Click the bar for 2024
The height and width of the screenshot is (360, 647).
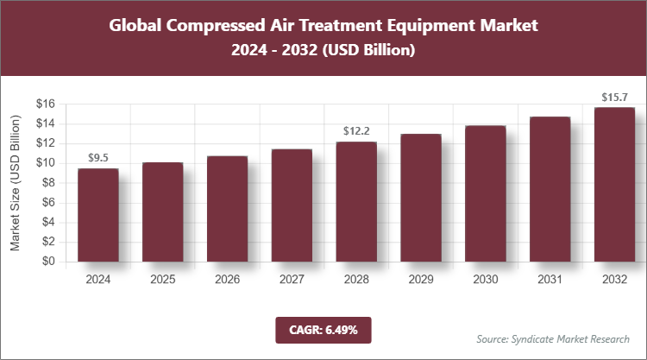[x=98, y=215]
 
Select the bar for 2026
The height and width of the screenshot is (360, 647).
[x=227, y=209]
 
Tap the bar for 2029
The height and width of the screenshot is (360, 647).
[x=421, y=198]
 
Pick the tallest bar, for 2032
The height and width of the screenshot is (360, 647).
[x=614, y=185]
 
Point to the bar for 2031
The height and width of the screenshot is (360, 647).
[x=550, y=189]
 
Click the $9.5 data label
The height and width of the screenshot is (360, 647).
[x=98, y=158]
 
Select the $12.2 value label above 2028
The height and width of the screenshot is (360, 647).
[x=356, y=131]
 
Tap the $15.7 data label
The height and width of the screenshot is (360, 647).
[x=614, y=97]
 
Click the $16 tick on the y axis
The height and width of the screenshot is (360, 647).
[x=46, y=104]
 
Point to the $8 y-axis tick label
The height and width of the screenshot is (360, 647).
[x=48, y=183]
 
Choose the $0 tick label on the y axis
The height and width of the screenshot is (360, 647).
[x=48, y=262]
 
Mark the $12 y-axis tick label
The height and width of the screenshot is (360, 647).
[x=46, y=143]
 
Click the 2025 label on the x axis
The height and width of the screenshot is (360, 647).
[x=163, y=280]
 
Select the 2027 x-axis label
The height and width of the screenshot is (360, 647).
[x=292, y=280]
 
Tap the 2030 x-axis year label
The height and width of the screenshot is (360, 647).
[x=485, y=280]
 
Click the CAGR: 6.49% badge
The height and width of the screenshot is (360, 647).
[x=323, y=330]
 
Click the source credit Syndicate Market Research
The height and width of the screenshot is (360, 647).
[x=553, y=338]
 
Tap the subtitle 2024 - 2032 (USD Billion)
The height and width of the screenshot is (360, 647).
[x=323, y=51]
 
